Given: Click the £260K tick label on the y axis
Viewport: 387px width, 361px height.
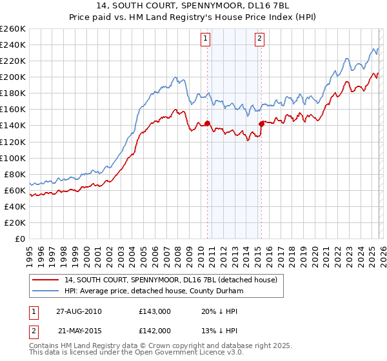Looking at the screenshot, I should (12, 29).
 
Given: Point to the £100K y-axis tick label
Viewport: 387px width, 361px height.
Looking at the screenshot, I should (12, 158).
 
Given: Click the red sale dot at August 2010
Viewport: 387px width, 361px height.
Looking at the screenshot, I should (207, 123).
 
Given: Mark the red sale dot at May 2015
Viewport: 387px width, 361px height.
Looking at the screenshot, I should (261, 124).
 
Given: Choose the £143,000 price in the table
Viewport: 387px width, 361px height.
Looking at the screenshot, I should (155, 311).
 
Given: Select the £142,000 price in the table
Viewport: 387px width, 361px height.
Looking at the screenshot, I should (155, 330).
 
